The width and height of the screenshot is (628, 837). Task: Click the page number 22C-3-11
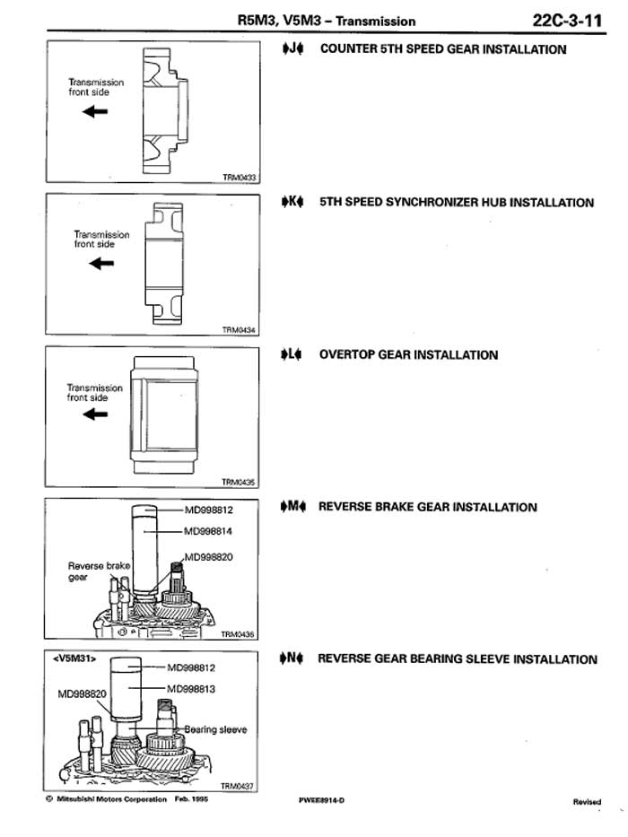coord(567,21)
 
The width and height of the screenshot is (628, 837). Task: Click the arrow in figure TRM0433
coord(95,111)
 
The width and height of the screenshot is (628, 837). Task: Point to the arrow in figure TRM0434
coord(101,263)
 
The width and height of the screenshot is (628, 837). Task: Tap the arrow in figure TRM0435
coord(95,414)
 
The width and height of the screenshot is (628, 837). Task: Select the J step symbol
coord(292,48)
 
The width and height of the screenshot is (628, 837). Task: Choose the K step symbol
coord(292,202)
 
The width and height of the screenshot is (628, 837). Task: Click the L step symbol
coord(292,354)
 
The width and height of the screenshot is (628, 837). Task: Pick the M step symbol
coord(293,506)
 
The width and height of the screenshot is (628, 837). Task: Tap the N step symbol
coord(292,658)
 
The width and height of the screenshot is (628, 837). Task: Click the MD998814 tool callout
coord(208,531)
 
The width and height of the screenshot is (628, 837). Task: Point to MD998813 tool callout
coord(191,689)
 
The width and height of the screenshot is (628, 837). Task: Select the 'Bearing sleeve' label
coord(215,729)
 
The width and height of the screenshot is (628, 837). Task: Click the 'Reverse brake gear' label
coord(99,571)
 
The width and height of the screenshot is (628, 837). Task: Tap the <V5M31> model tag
coord(74,658)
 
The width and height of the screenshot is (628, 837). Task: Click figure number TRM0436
coord(238,634)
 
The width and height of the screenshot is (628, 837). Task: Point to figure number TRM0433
coord(240,178)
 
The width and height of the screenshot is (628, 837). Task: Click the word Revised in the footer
coord(587,801)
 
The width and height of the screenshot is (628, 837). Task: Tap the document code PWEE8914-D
coord(321,800)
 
